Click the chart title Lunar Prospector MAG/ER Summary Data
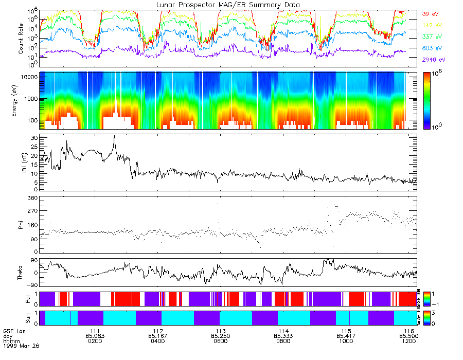point(228,5)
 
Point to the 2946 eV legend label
point(433,60)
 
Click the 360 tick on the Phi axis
point(32,198)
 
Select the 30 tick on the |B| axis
point(34,138)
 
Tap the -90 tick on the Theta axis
point(31,285)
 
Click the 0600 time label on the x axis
point(220,340)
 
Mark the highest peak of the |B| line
point(114,136)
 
